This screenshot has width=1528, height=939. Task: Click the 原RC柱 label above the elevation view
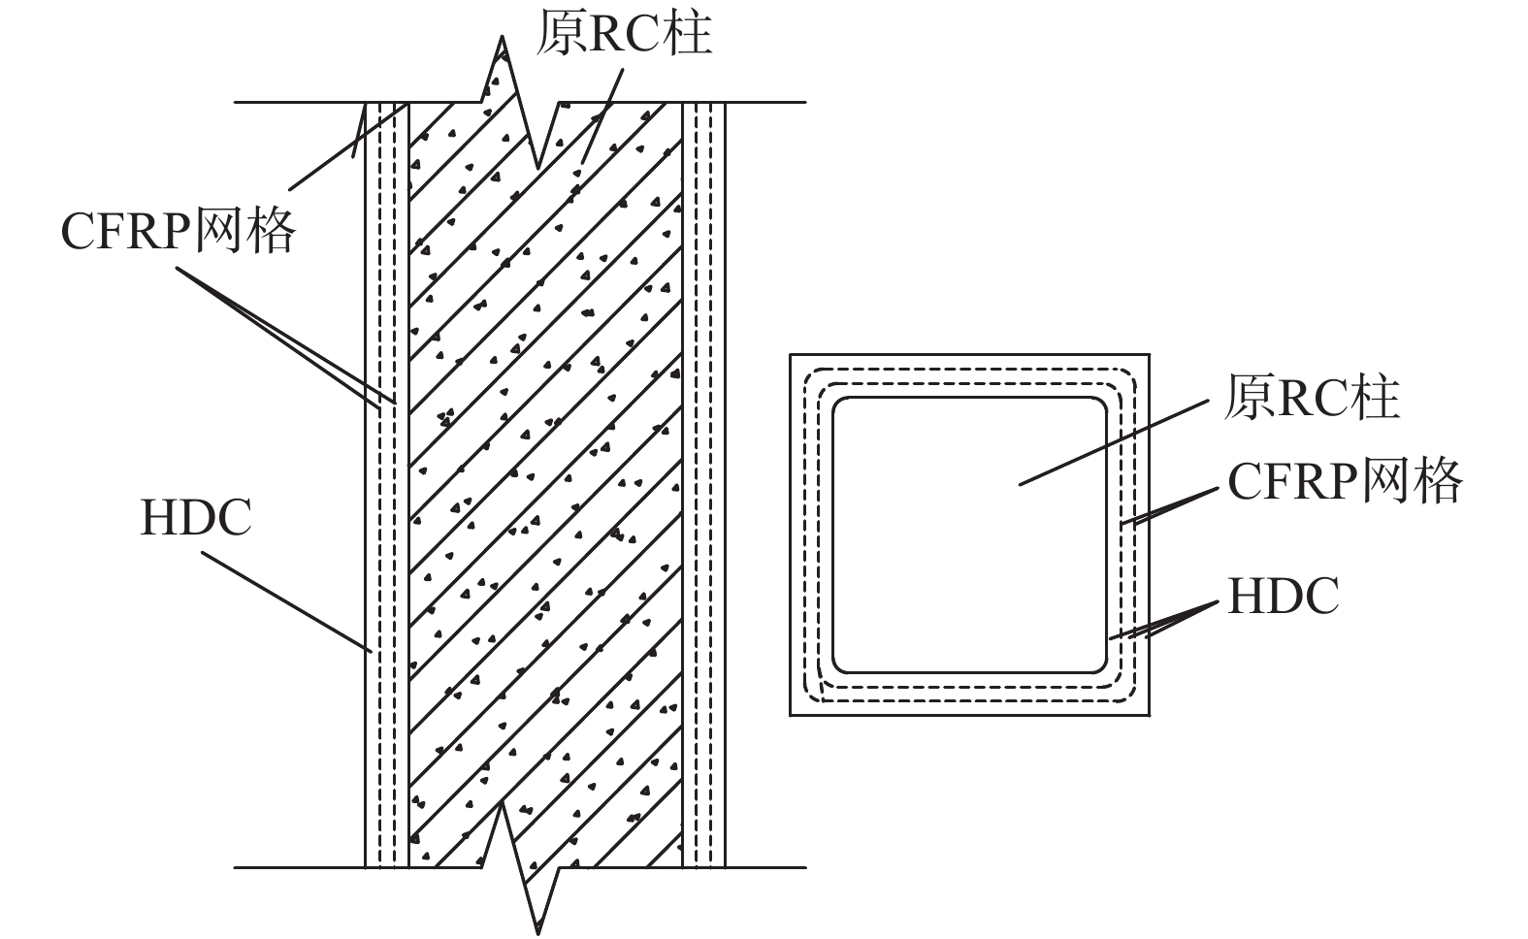pyautogui.click(x=625, y=33)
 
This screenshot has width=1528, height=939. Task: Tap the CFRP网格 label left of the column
pyautogui.click(x=178, y=231)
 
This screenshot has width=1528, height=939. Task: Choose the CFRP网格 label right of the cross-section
pyautogui.click(x=1345, y=480)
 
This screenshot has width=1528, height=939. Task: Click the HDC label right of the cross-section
pyautogui.click(x=1284, y=596)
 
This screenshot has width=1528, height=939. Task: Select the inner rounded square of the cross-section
pyautogui.click(x=968, y=534)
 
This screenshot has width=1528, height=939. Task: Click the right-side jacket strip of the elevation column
pyautogui.click(x=703, y=485)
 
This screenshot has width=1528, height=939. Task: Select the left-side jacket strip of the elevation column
pyautogui.click(x=386, y=485)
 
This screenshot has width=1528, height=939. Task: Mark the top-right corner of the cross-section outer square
pyautogui.click(x=1149, y=355)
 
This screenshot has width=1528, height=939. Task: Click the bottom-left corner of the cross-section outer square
pyautogui.click(x=791, y=715)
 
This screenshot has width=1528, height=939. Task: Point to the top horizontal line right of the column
pyautogui.click(x=766, y=102)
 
